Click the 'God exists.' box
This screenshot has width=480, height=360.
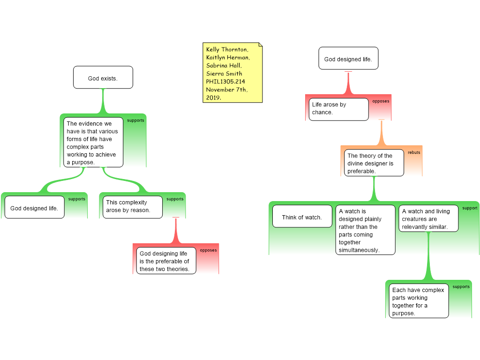pyautogui.click(x=103, y=78)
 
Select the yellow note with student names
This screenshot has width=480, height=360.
pyautogui.click(x=232, y=73)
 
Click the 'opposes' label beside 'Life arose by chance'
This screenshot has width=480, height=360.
pyautogui.click(x=381, y=101)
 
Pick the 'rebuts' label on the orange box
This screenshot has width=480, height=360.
pyautogui.click(x=414, y=152)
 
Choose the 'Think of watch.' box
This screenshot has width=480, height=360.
pyautogui.click(x=302, y=217)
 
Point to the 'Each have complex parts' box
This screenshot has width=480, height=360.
pyautogui.click(x=418, y=301)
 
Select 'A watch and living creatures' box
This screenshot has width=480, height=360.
pyautogui.click(x=428, y=219)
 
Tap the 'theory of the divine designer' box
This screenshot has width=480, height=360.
pyautogui.click(x=374, y=163)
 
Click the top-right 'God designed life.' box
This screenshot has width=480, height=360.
pyautogui.click(x=348, y=59)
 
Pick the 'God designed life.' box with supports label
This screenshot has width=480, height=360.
pyautogui.click(x=34, y=208)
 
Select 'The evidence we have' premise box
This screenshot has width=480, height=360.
pyautogui.click(x=93, y=142)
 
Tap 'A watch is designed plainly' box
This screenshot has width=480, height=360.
pyautogui.click(x=365, y=230)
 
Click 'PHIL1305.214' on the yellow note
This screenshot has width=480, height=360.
pyautogui.click(x=225, y=82)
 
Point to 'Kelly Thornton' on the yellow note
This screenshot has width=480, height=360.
pyautogui.click(x=227, y=49)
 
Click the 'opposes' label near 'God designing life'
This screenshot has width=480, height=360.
pyautogui.click(x=208, y=250)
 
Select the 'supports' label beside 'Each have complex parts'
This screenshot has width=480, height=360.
pyautogui.click(x=461, y=287)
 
